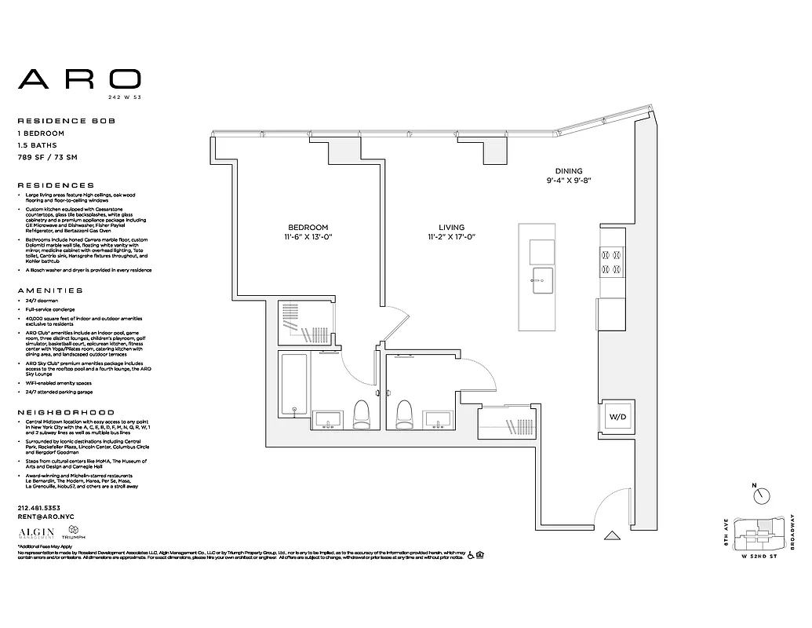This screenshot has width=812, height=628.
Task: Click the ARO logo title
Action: (x=80, y=78)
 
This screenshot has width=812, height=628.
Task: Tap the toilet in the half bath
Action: (x=405, y=413)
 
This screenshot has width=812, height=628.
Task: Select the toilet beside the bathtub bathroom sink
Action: (x=361, y=414)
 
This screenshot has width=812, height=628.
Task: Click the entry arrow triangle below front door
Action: (x=613, y=538)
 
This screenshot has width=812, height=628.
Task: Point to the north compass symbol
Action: (x=760, y=496)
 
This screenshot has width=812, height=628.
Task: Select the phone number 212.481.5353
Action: (x=40, y=508)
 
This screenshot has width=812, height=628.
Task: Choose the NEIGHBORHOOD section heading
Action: (x=66, y=412)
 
